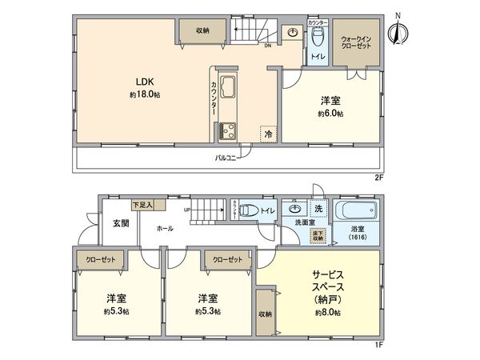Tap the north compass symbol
397,31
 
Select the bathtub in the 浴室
353,214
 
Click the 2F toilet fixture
317,37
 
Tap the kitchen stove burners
226,128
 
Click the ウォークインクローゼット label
354,42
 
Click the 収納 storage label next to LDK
202,30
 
